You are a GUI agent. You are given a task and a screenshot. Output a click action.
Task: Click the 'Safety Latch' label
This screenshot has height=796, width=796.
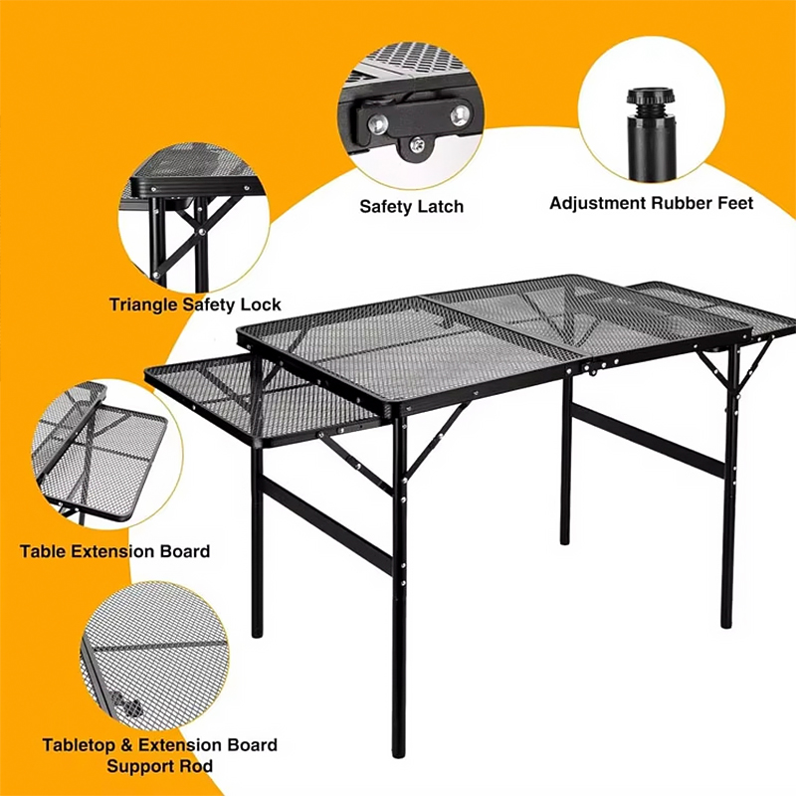coord(411,207)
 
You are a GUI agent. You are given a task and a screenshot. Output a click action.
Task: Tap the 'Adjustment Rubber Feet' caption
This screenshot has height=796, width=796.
coord(652,203)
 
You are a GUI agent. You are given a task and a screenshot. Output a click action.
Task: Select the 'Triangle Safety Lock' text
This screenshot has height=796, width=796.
coord(195,304)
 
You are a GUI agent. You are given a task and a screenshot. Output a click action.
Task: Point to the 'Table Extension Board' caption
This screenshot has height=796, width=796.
coord(114,551)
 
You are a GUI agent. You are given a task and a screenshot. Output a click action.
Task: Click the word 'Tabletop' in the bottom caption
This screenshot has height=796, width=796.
coord(79,745)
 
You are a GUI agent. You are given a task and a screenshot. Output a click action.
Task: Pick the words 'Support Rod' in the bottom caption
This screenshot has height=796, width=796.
coord(159,766)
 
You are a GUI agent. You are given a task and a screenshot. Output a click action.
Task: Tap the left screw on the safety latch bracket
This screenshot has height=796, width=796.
coord(378,123)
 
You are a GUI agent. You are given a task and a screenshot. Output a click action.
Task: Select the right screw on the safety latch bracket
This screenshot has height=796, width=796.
coord(460,115)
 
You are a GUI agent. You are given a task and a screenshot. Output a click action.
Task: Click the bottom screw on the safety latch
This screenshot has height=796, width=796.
coord(417,146)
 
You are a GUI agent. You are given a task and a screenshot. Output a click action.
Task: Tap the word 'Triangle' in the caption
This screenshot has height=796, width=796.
coord(143,304)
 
